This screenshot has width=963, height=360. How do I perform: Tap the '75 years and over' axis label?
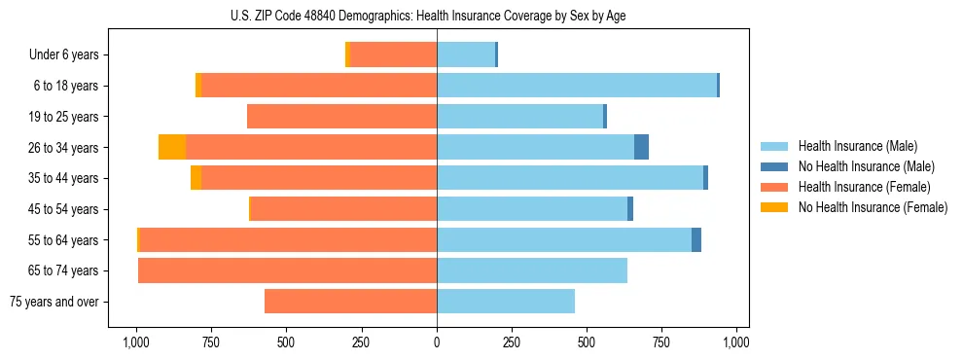pos(53,302)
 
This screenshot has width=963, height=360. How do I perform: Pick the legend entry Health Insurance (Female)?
pos(864,187)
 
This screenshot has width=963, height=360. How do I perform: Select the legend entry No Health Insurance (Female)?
pos(873,207)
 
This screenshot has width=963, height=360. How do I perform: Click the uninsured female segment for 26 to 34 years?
pos(172,148)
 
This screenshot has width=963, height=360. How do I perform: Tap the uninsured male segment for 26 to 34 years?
pos(641,148)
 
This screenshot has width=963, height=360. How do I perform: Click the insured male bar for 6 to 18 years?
pos(577,86)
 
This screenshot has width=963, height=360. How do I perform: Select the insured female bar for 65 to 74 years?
pos(287,270)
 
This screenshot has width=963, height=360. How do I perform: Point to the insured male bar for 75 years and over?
pos(506,302)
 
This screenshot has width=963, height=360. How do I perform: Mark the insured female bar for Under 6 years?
pos(393,55)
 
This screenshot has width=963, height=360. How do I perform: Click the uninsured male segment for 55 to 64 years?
pos(696,240)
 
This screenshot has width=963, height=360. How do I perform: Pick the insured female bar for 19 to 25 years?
pos(341,117)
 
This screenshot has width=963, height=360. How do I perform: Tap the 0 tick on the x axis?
pos(437,342)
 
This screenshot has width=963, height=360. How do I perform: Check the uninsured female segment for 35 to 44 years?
pos(196,178)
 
